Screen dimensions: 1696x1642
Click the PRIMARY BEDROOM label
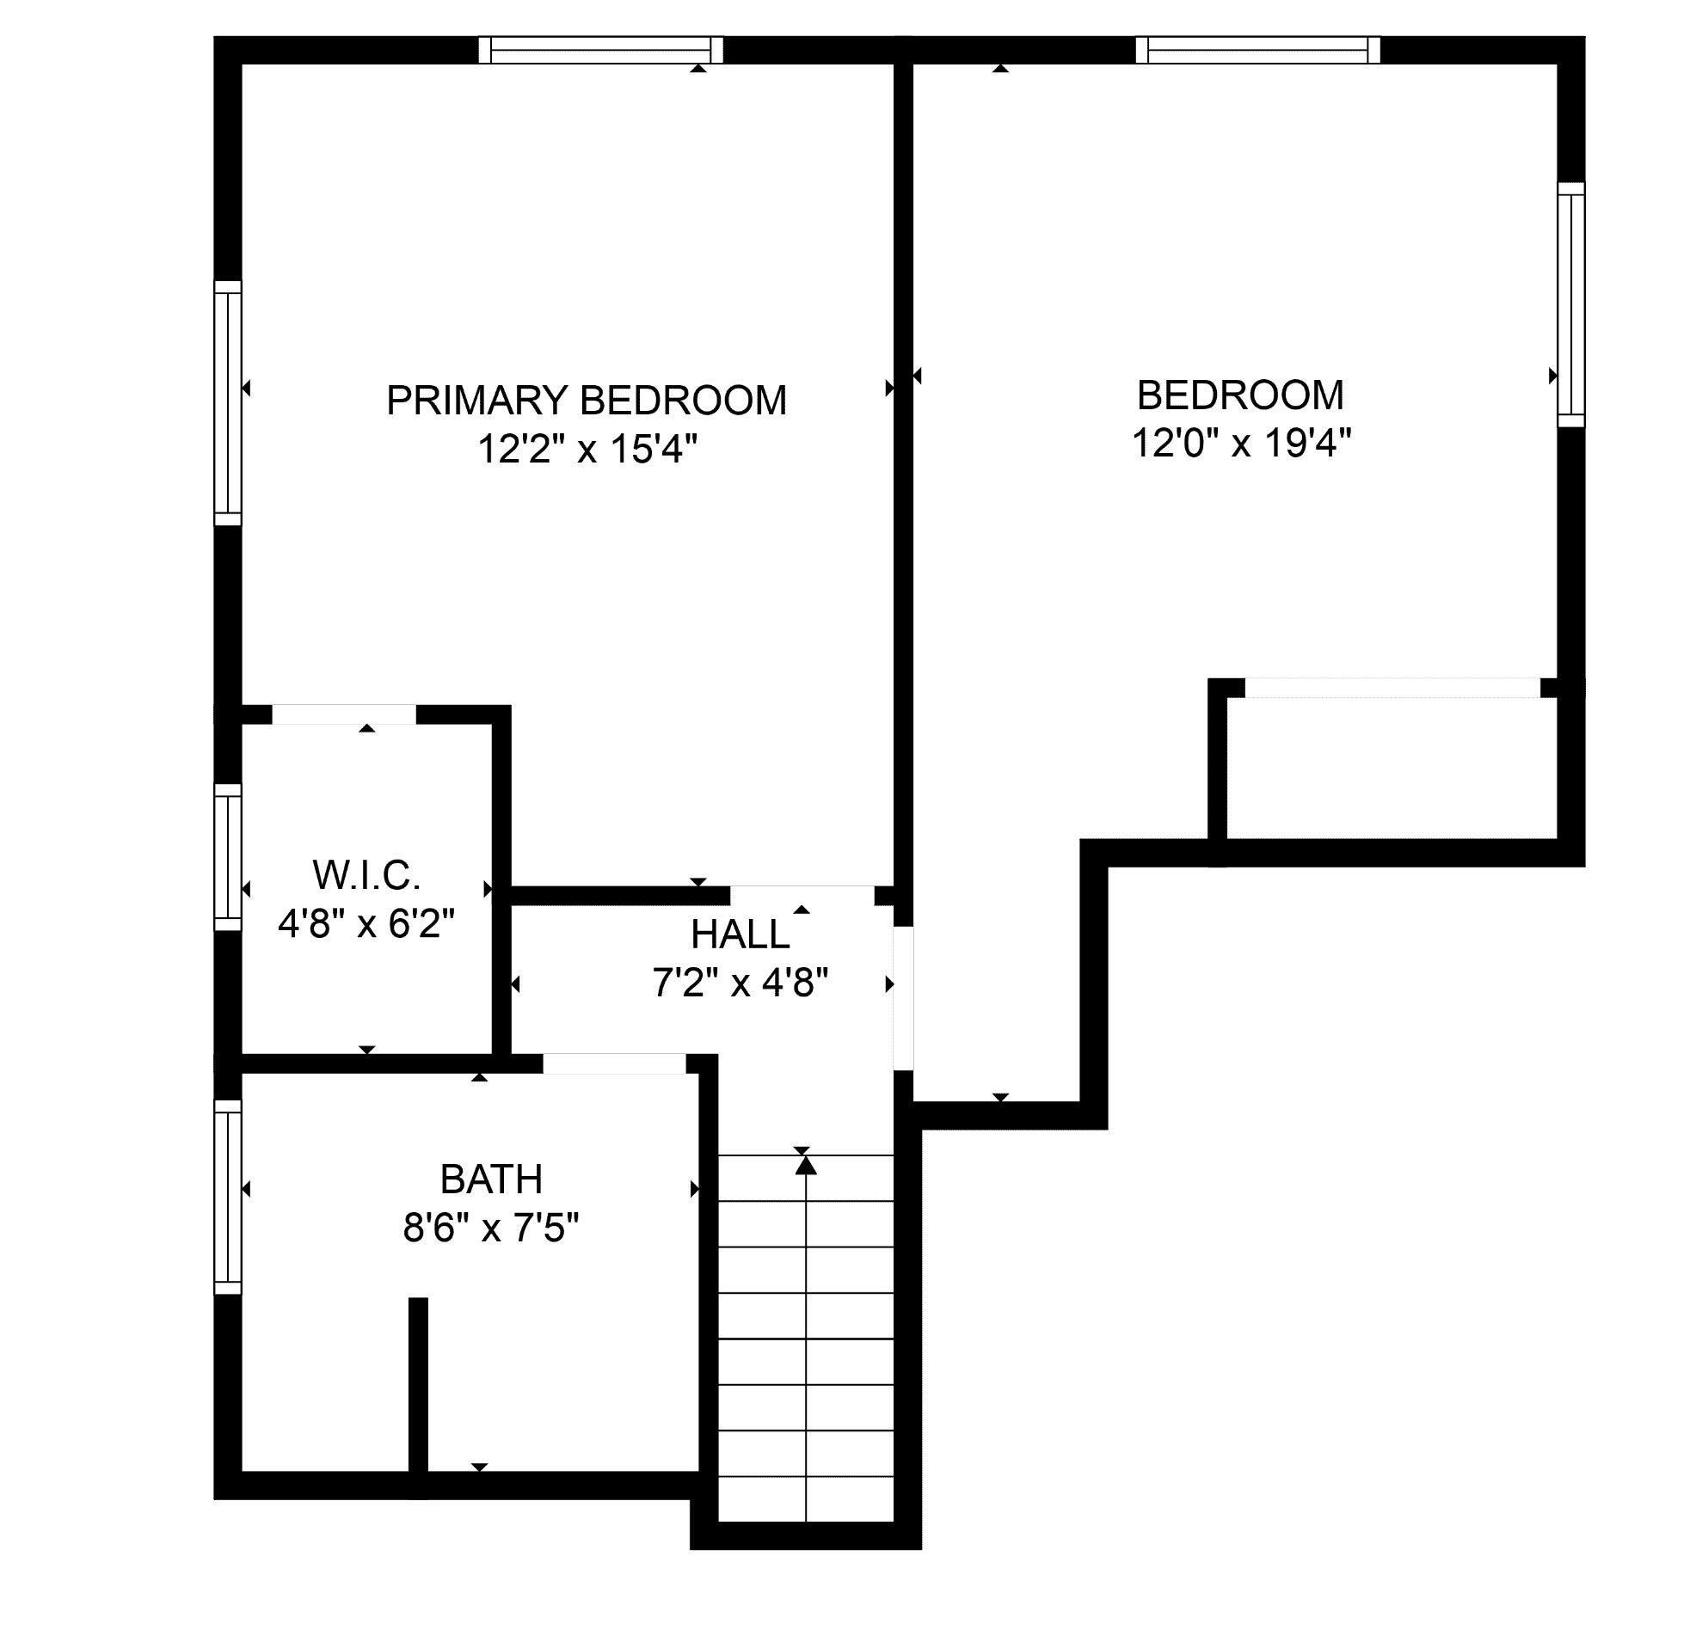pos(586,401)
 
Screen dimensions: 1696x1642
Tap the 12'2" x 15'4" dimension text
pos(587,449)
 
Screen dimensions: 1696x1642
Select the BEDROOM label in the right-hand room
pos(1240,395)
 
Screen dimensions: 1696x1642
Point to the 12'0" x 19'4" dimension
pos(1242,444)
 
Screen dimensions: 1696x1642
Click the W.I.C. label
pos(367,875)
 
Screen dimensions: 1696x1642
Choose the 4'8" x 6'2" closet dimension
pos(366,924)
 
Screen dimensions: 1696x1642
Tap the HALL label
pos(740,934)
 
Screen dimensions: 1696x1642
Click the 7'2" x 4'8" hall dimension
pos(740,983)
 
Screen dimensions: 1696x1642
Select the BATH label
pos(491,1179)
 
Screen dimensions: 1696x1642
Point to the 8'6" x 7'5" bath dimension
pos(490,1227)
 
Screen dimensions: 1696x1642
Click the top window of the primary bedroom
pos(601,49)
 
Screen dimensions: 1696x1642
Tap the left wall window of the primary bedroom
pos(228,402)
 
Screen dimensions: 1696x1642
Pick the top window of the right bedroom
pos(1258,49)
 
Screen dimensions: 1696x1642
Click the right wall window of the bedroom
pos(1571,304)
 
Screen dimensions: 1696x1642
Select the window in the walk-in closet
pos(228,857)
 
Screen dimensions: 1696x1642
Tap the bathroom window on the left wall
pos(228,1198)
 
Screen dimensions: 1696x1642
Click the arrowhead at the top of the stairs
pos(807,1167)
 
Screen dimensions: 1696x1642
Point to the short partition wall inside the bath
pos(418,1396)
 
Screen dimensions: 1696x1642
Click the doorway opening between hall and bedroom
pos(903,998)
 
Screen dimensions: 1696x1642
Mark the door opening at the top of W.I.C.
pos(344,714)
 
